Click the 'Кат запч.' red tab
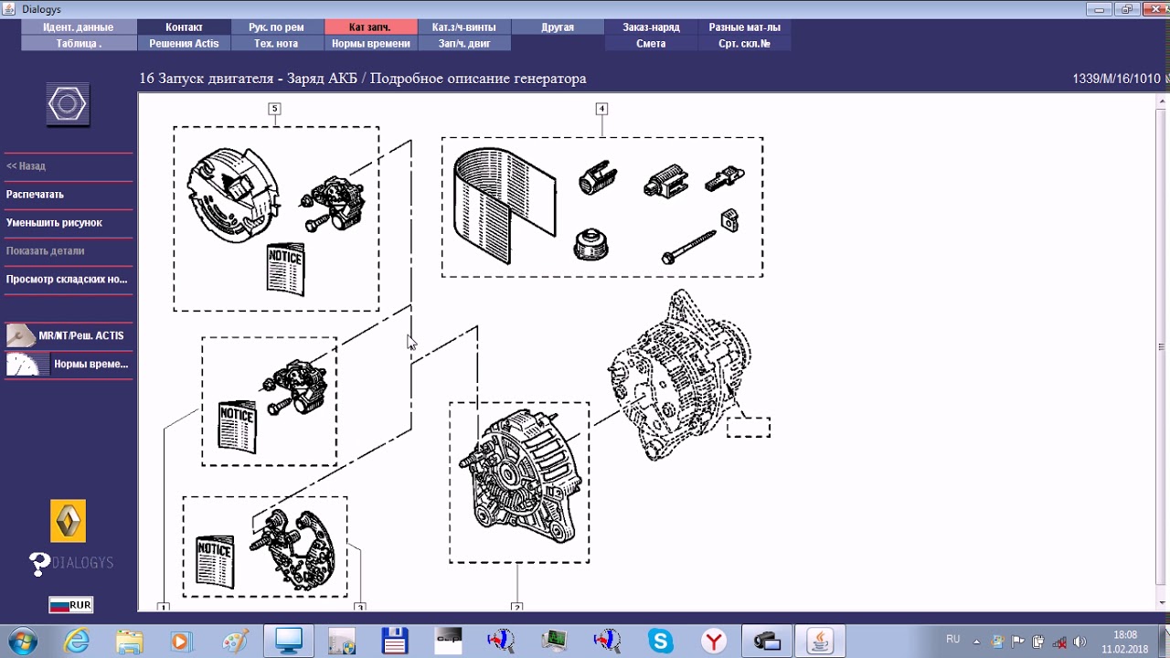[371, 27]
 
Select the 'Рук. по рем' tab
[277, 27]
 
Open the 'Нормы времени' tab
[371, 43]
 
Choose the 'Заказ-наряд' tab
[651, 27]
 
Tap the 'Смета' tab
[651, 43]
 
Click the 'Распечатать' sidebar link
[35, 195]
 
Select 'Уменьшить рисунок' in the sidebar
[54, 222]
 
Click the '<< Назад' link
[26, 166]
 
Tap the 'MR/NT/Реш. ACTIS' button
[69, 335]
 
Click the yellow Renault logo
[69, 521]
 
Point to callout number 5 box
[275, 109]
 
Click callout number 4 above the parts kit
[601, 109]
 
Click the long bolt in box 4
[688, 247]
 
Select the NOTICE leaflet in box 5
[285, 269]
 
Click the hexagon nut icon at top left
[68, 104]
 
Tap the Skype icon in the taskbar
[660, 641]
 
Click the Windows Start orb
[23, 641]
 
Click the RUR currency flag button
[71, 605]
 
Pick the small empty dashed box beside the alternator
[749, 428]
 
